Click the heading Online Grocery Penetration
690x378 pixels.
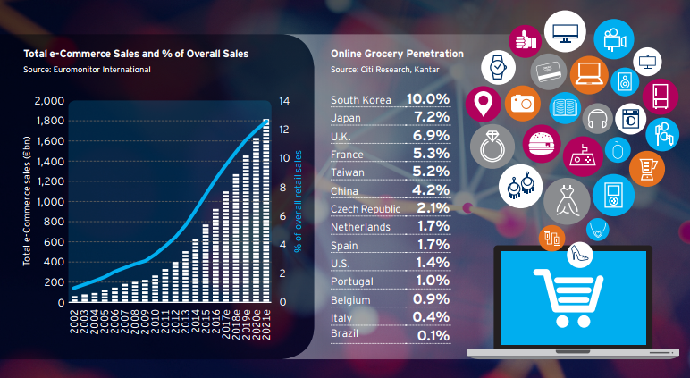391,54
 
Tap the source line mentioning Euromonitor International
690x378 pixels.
87,69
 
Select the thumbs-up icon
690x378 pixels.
525,40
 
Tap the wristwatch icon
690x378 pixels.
497,67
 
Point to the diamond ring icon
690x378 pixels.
491,147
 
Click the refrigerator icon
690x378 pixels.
661,96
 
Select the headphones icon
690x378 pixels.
598,118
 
